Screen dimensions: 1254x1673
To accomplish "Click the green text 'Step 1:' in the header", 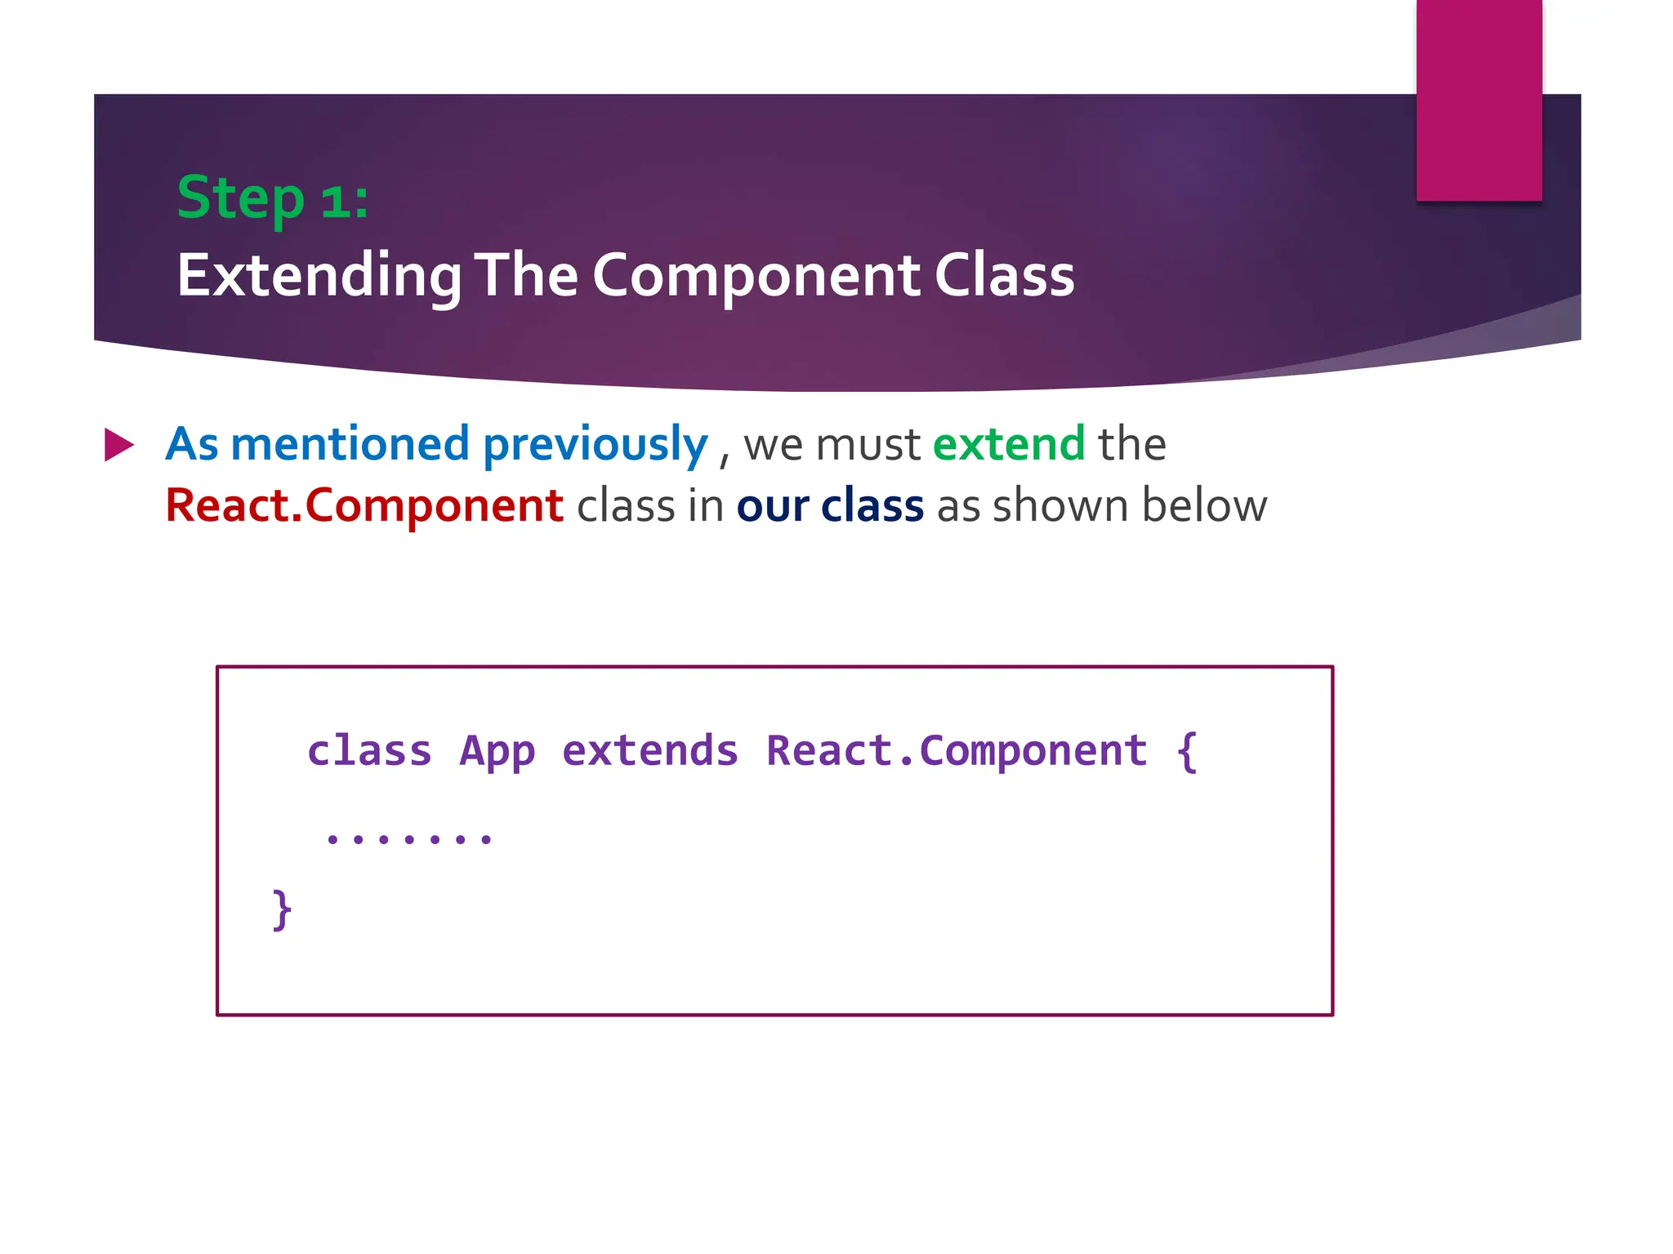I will click(272, 198).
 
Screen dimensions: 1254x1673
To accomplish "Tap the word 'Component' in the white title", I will click(756, 275).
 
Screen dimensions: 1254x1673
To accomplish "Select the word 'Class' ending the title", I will click(1004, 275).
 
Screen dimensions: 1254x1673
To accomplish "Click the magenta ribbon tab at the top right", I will click(1479, 100).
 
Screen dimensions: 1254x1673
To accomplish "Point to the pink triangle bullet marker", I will click(118, 445).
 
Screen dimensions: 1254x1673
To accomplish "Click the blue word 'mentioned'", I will click(350, 444).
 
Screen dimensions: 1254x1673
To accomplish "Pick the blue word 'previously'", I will click(595, 444).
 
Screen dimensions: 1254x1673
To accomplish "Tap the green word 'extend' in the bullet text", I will click(1008, 444).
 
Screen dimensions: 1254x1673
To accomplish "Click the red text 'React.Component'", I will click(364, 505).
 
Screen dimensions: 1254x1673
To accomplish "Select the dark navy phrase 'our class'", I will click(829, 505).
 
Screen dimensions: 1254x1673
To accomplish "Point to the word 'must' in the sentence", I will click(868, 444).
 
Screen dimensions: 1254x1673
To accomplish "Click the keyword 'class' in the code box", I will click(369, 751).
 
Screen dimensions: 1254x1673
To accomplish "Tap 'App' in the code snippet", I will click(497, 751).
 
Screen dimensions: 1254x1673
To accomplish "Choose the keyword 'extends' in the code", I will click(650, 751).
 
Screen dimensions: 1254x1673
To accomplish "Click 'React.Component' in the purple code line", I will click(956, 751).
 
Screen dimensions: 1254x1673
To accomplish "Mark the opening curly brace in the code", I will click(1188, 751).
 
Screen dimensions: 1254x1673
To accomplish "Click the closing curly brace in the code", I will click(281, 909).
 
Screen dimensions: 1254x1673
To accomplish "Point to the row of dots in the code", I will click(408, 838).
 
